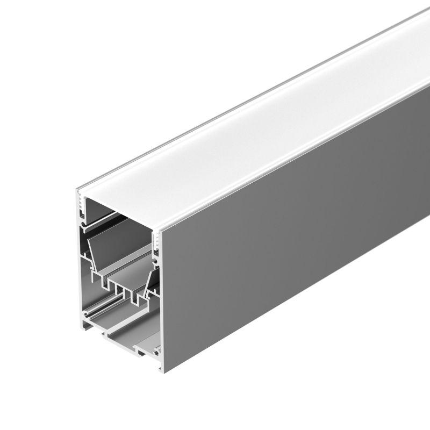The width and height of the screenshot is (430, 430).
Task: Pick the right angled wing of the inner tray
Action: [x=150, y=279]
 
